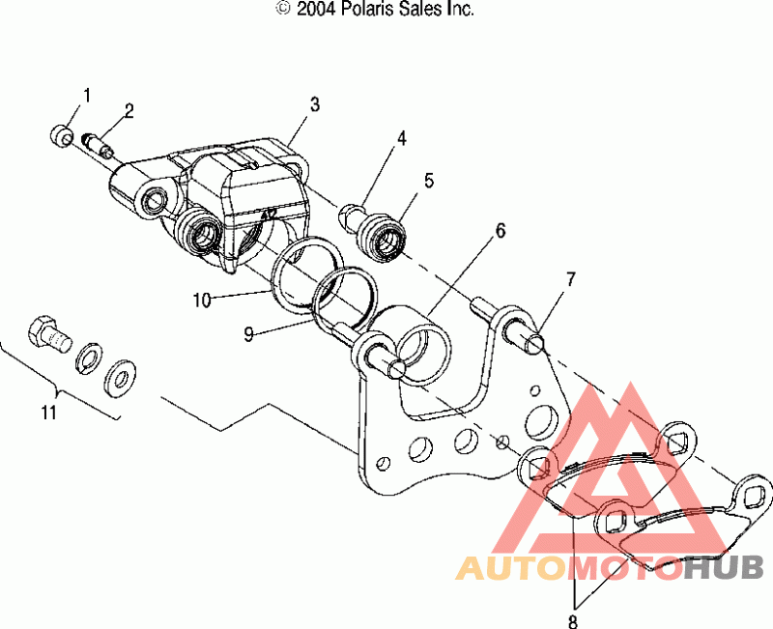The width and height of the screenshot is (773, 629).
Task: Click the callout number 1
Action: click(x=86, y=95)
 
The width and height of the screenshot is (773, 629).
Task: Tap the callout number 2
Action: click(x=128, y=108)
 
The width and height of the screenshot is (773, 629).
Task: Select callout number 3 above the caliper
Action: click(x=315, y=103)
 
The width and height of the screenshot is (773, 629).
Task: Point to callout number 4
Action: click(x=400, y=138)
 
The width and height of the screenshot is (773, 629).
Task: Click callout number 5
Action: click(x=428, y=180)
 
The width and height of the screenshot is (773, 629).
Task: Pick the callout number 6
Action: click(x=500, y=231)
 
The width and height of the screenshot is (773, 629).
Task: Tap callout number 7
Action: click(x=570, y=279)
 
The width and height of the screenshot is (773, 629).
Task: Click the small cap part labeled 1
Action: click(x=63, y=135)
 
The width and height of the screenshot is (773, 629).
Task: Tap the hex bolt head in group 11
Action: click(x=43, y=333)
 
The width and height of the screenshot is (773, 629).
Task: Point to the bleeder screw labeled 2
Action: click(x=100, y=146)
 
